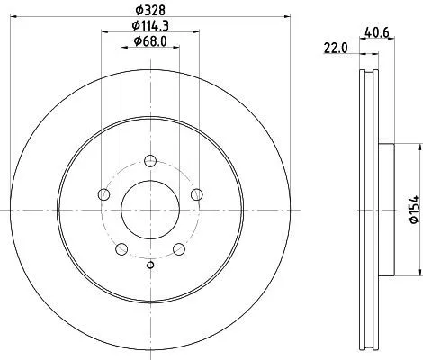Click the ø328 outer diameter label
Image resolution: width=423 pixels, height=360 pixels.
click(x=150, y=9)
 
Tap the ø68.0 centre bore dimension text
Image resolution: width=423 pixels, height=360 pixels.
click(x=150, y=40)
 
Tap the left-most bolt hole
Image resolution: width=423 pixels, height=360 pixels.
click(x=103, y=194)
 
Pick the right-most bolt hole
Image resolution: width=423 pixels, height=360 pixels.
click(x=198, y=194)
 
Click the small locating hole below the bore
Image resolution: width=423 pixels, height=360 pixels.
click(x=151, y=264)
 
